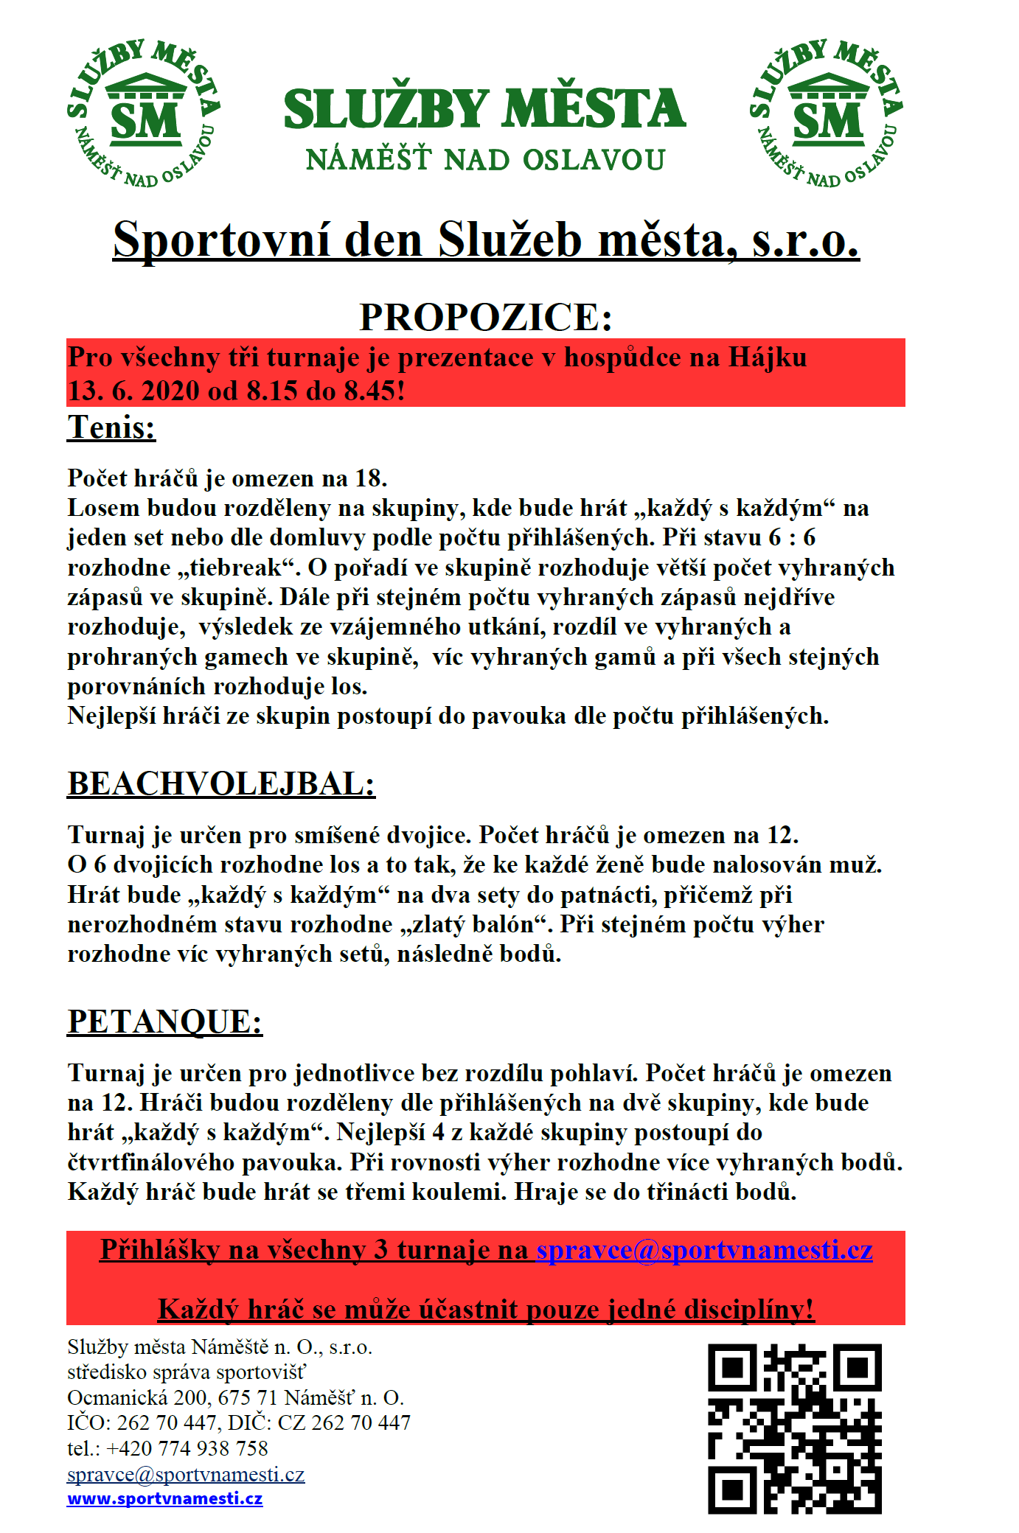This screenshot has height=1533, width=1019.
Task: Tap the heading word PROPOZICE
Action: (x=485, y=318)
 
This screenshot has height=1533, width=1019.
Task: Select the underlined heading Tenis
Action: (x=111, y=427)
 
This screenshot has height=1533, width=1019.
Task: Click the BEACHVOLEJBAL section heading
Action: (x=221, y=783)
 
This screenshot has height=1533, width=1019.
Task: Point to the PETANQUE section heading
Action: (x=164, y=1022)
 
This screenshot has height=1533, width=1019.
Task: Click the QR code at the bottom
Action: (x=795, y=1428)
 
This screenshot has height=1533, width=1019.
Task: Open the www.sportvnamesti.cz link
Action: (x=164, y=1498)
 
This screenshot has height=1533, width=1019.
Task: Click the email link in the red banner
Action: (x=704, y=1250)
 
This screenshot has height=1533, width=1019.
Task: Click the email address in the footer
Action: (x=186, y=1474)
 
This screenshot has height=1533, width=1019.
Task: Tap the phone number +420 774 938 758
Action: (x=187, y=1448)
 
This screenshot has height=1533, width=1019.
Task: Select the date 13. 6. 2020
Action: (x=133, y=391)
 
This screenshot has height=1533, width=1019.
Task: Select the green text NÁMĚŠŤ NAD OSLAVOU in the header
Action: (x=485, y=160)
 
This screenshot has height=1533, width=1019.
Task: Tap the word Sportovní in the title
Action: (x=222, y=240)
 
